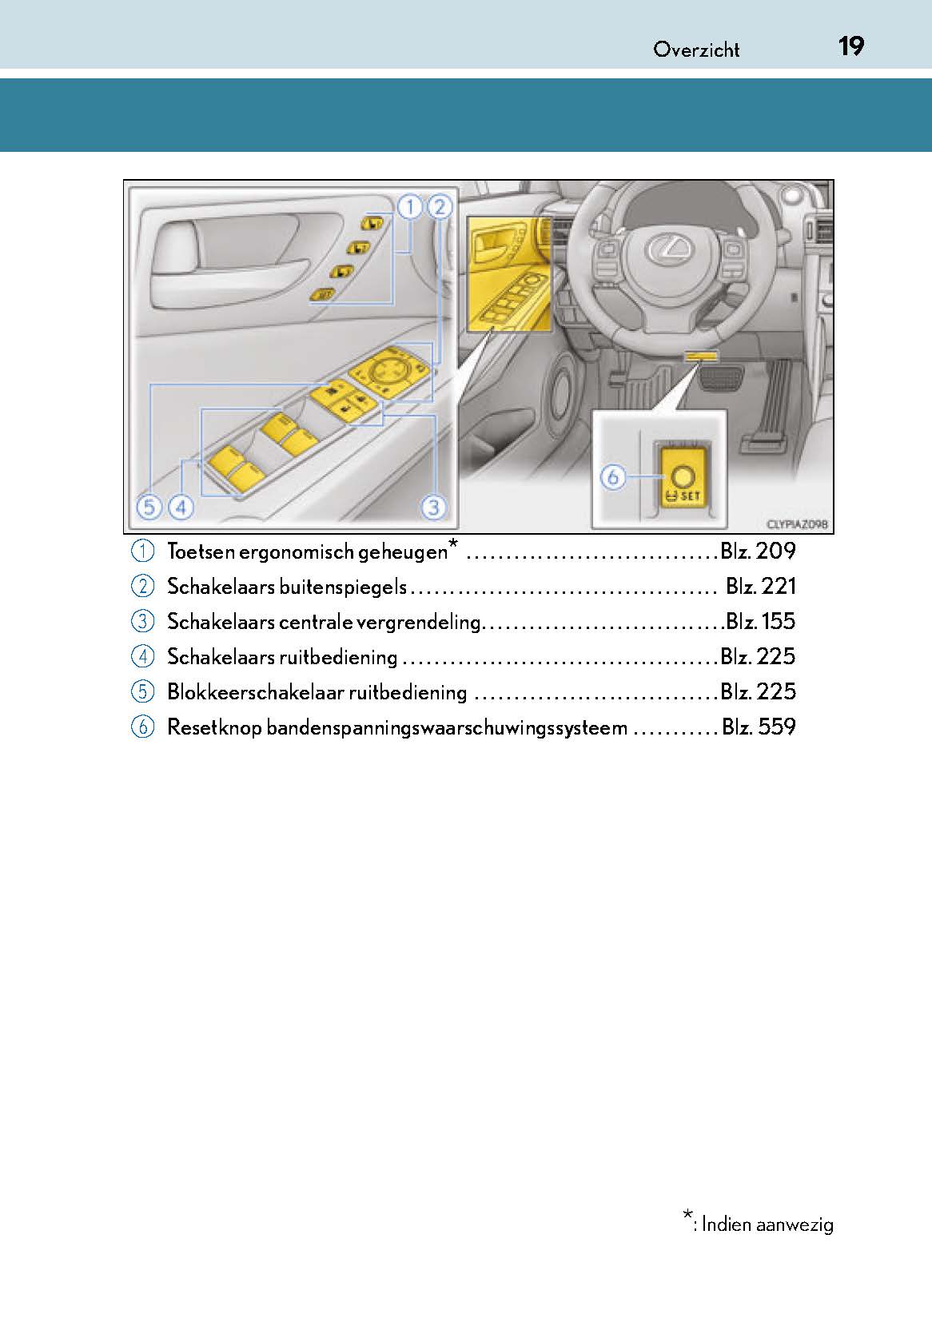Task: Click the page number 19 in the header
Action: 850,46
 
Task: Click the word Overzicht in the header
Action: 696,50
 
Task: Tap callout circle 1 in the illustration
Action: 409,208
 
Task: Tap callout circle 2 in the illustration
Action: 439,208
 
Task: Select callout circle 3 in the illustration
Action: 433,506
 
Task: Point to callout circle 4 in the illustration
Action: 181,507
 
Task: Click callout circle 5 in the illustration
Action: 148,507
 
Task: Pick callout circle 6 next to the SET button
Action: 613,477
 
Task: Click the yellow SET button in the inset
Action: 682,479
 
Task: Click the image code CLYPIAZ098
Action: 796,524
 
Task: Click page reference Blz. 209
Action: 758,551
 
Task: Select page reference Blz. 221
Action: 760,586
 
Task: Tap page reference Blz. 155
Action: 760,621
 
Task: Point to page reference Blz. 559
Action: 759,727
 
